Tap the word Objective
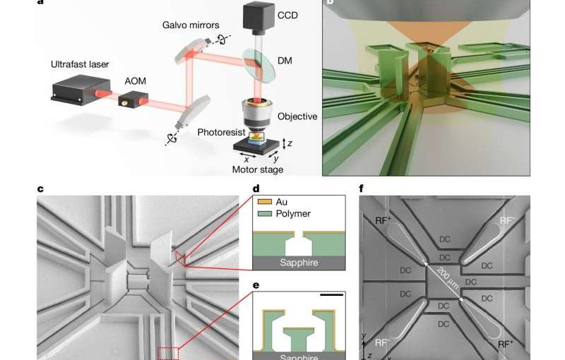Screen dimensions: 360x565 point(297,116)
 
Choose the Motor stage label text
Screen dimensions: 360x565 point(257,169)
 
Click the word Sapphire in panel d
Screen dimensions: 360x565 point(297,263)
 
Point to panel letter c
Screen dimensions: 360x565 point(40,188)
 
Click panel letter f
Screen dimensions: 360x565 point(362,188)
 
